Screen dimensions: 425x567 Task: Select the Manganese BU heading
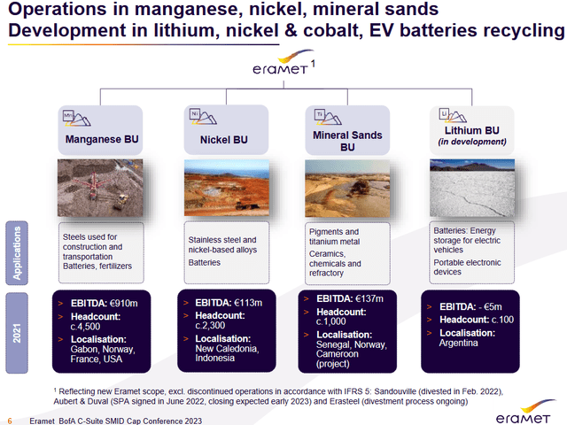[98, 139]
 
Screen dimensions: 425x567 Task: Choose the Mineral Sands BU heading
[347, 141]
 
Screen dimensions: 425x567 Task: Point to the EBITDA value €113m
[245, 303]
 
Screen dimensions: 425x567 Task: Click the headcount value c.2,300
[213, 327]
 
